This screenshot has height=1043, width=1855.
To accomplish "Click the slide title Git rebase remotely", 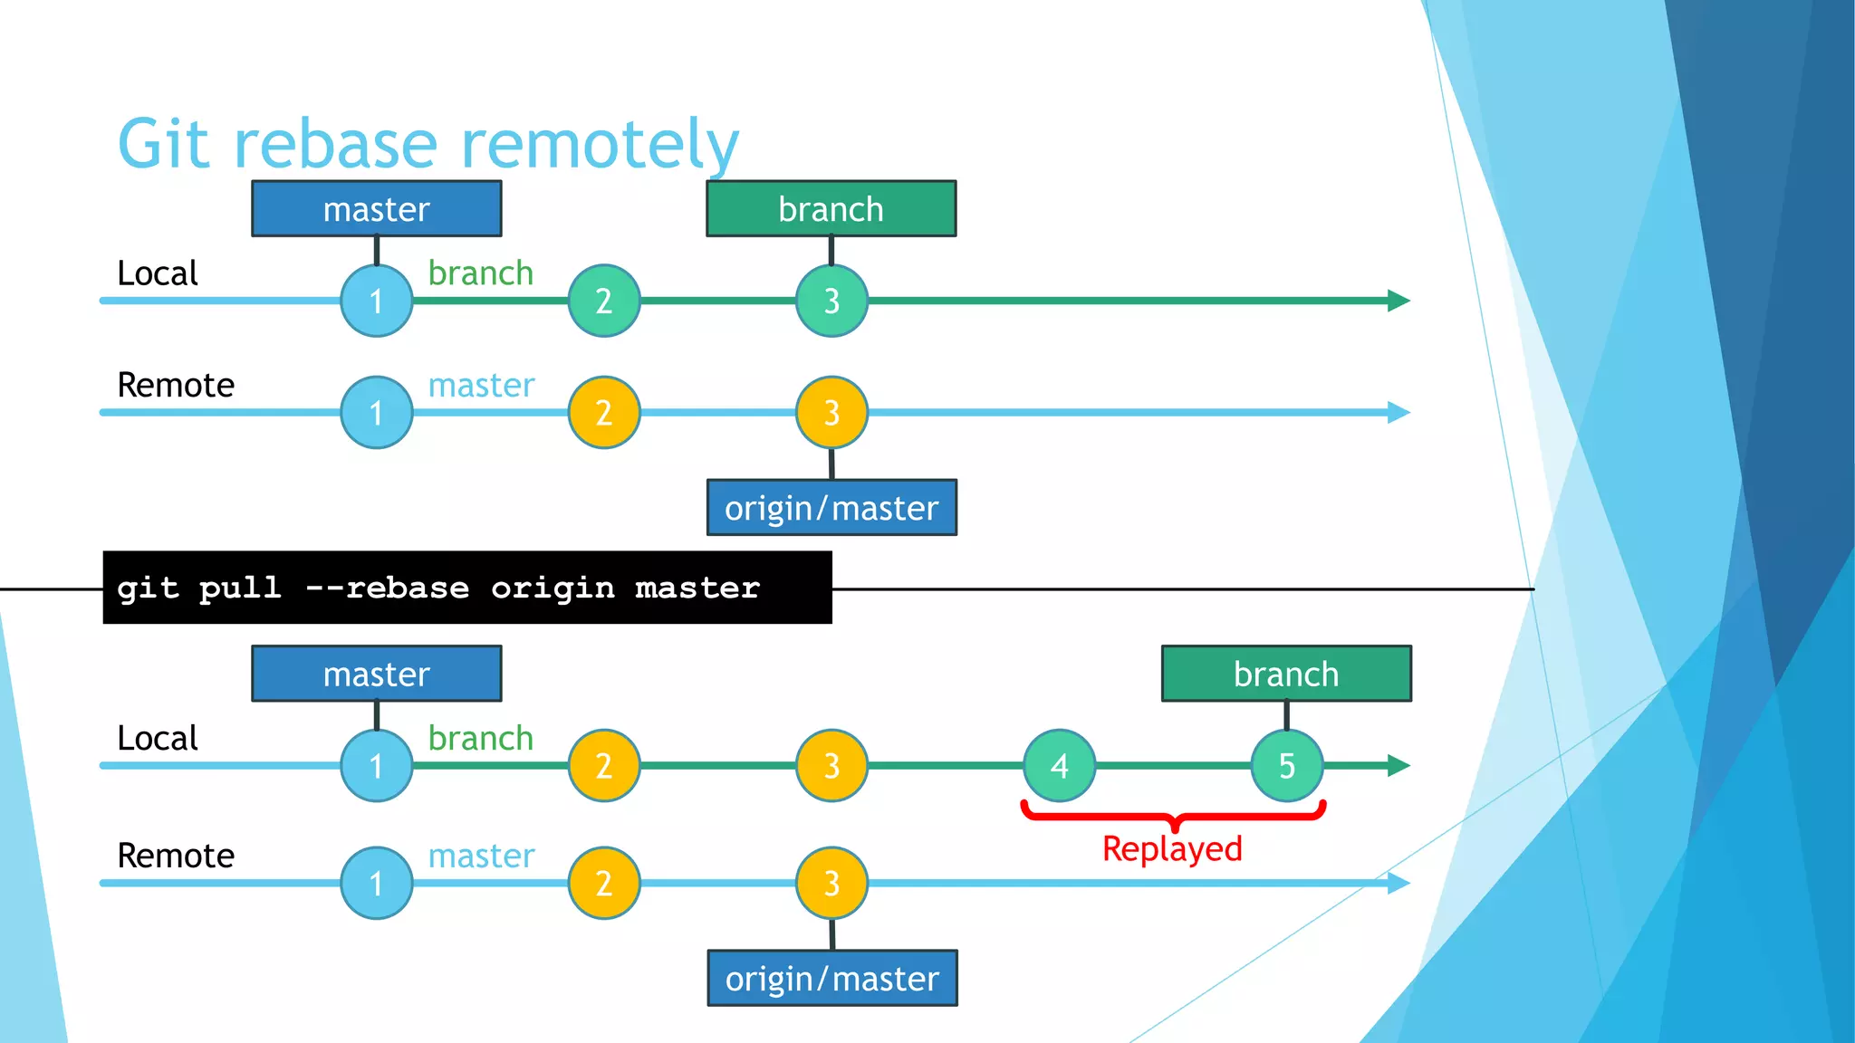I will pyautogui.click(x=428, y=145).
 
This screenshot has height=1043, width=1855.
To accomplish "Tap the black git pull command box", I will pyautogui.click(x=466, y=588).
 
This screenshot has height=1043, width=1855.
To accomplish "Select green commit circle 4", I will pyautogui.click(x=1059, y=766).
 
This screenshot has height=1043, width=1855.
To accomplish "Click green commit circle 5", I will pyautogui.click(x=1286, y=766).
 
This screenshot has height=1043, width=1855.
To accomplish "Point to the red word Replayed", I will pyautogui.click(x=1172, y=849).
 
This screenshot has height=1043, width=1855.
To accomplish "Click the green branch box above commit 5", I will pyautogui.click(x=1286, y=674).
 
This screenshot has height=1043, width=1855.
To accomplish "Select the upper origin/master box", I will pyautogui.click(x=831, y=508).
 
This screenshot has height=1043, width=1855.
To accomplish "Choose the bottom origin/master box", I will pyautogui.click(x=831, y=978).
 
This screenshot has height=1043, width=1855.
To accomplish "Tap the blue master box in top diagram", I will pyautogui.click(x=377, y=209).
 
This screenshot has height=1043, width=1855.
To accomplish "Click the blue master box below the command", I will pyautogui.click(x=377, y=674).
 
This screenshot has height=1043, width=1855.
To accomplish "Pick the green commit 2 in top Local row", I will pyautogui.click(x=604, y=301).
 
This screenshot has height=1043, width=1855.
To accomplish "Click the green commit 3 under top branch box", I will pyautogui.click(x=831, y=301).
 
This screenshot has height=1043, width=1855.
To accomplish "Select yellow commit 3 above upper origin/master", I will pyautogui.click(x=831, y=413).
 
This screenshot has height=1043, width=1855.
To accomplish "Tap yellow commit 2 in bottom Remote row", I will pyautogui.click(x=604, y=883).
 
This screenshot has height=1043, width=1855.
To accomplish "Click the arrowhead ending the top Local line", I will pyautogui.click(x=1398, y=301).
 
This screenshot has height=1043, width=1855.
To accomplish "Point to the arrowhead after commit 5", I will pyautogui.click(x=1398, y=766).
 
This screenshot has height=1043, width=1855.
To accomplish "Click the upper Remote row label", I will pyautogui.click(x=176, y=386).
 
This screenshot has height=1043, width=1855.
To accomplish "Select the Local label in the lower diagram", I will pyautogui.click(x=158, y=739).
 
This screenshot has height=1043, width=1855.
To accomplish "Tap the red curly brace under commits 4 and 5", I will pyautogui.click(x=1174, y=815).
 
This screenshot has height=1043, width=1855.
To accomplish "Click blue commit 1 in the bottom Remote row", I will pyautogui.click(x=377, y=883).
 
